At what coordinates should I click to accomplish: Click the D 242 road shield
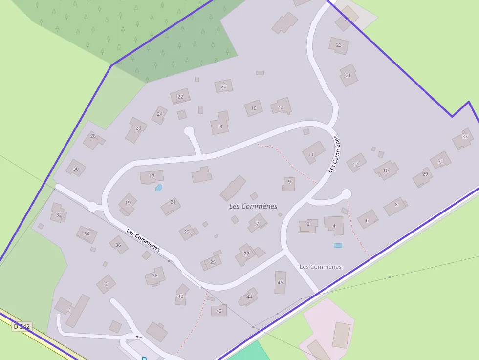[22, 327]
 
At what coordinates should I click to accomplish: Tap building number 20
[224, 86]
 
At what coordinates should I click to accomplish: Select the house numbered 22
[180, 96]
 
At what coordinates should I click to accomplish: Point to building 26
[138, 128]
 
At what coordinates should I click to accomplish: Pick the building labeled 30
[76, 169]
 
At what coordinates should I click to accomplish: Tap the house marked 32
[59, 214]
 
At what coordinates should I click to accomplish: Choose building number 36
[118, 245]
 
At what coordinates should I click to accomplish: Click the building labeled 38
[155, 276]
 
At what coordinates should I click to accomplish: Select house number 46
[280, 283]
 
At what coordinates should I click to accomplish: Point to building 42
[219, 310]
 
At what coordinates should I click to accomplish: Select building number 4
[334, 226]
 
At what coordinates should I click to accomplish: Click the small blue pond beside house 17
[158, 188]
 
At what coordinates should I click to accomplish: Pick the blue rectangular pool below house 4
[338, 245]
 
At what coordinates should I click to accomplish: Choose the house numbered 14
[281, 107]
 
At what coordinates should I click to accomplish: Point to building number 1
[70, 310]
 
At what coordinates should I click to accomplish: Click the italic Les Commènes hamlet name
[253, 206]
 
